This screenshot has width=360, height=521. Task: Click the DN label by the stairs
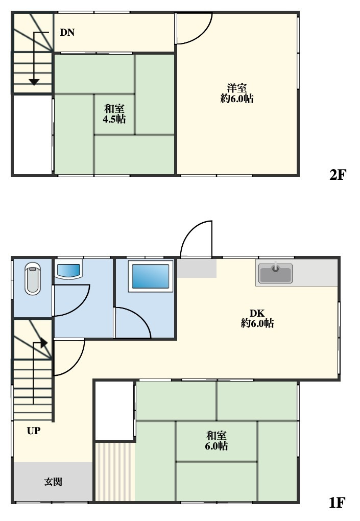[67, 33]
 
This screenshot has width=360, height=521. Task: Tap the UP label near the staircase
[34, 431]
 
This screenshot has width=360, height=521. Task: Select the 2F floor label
[338, 175]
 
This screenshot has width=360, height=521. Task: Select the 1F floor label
[337, 503]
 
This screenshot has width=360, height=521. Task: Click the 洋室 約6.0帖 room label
[237, 93]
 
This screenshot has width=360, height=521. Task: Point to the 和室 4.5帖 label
[114, 114]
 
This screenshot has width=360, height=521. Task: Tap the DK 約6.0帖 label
[257, 318]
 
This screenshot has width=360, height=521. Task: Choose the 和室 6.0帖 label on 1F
[216, 440]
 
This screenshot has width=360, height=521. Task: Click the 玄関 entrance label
[53, 482]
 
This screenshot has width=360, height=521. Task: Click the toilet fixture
[33, 278]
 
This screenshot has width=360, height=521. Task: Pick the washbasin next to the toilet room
[68, 271]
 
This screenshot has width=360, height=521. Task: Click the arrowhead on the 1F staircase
[44, 343]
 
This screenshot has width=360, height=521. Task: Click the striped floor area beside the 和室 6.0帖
[115, 471]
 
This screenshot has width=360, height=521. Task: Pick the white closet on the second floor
[32, 134]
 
